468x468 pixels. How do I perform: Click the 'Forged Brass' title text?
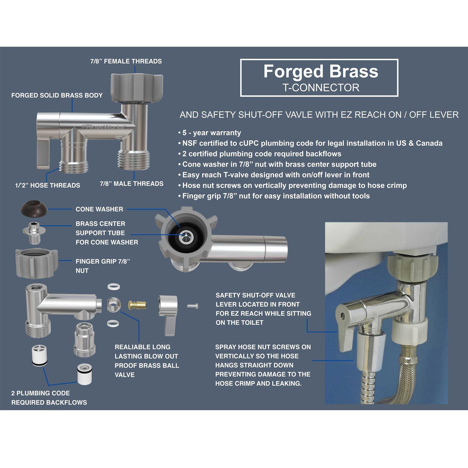pos(321,71)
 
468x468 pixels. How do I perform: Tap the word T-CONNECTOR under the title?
pos(321,88)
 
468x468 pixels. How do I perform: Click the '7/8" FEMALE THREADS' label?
pos(126,61)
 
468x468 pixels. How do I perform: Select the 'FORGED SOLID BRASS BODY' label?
pos(57,95)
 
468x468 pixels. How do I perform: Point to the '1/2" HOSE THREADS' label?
pos(47,185)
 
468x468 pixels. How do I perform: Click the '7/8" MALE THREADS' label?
pos(132,184)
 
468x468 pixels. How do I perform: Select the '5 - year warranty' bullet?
pos(210,133)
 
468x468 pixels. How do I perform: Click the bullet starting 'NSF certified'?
pos(310,143)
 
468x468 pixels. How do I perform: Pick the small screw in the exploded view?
pos(193,306)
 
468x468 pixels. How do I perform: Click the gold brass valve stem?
pos(137,305)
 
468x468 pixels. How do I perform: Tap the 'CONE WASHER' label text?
pos(99,209)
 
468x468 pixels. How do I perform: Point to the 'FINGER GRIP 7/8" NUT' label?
pos(103,266)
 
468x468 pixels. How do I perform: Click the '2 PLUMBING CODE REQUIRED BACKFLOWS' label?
pos(49,398)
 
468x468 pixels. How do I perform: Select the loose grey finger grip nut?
pos(37,263)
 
